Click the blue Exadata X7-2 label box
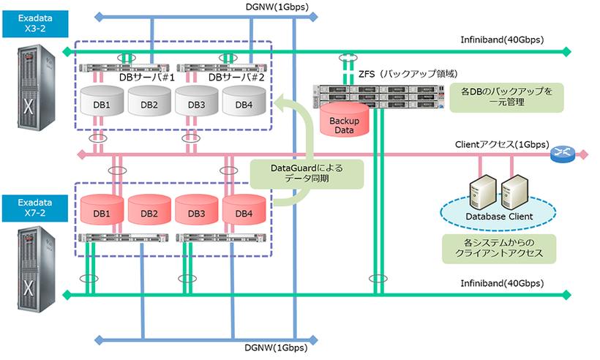click(x=34, y=207)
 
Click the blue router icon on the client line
click(x=564, y=153)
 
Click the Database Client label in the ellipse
click(x=498, y=216)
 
